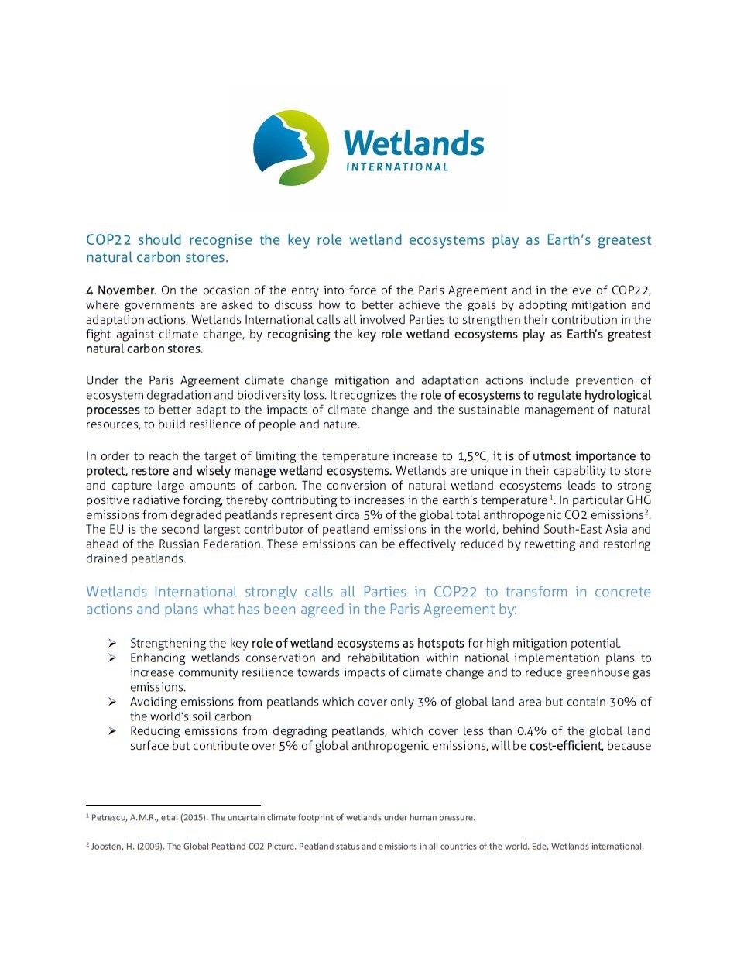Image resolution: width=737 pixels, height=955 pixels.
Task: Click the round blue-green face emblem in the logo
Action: point(292,148)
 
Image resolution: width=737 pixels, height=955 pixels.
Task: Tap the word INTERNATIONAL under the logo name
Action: point(396,167)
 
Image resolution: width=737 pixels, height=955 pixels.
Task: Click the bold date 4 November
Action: point(122,290)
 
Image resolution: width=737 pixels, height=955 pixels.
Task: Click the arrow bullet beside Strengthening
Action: point(112,643)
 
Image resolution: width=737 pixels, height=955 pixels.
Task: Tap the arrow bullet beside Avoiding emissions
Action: point(112,702)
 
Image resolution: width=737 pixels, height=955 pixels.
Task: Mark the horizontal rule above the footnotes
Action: point(173,805)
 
